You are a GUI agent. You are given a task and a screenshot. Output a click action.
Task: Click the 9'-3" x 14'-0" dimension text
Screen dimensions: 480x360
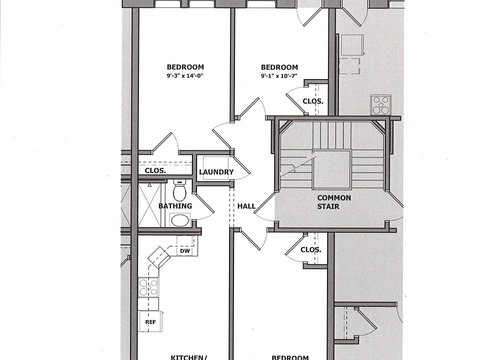click(185, 76)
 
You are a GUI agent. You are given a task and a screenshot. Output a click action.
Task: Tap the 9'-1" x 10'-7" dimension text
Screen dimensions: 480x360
click(279, 76)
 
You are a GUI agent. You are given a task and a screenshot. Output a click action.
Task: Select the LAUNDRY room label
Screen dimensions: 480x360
click(216, 172)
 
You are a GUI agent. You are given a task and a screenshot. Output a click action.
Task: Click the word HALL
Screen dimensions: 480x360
click(246, 206)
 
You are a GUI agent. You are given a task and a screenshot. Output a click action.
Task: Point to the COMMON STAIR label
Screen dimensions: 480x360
click(334, 201)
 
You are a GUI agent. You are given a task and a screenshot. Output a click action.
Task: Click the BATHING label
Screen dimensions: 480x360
click(175, 206)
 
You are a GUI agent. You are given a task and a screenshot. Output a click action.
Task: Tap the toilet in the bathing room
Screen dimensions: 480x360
click(179, 190)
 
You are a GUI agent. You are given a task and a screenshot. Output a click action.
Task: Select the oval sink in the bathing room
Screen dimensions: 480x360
click(180, 220)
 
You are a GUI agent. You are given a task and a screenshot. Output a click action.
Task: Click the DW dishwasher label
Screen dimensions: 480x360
click(184, 251)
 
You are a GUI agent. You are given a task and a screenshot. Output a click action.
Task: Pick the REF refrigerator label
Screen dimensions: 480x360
click(150, 322)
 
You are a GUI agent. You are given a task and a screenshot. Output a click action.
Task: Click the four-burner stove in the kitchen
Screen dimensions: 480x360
click(148, 287)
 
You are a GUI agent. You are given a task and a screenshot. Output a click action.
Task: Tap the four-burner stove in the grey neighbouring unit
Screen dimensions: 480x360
click(380, 105)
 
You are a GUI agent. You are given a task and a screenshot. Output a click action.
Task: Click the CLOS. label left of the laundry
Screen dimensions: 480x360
click(155, 170)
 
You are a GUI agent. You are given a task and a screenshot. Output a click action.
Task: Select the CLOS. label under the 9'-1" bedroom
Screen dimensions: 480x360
click(313, 101)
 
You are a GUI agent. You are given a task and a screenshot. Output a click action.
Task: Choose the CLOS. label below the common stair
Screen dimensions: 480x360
click(311, 250)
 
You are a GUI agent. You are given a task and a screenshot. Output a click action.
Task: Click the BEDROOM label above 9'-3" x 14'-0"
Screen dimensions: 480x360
click(185, 67)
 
